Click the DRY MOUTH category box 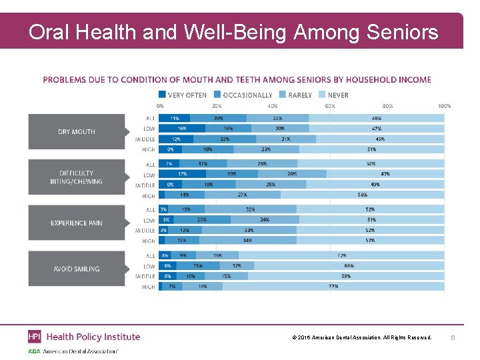pyautogui.click(x=77, y=131)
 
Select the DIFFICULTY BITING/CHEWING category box pyautogui.click(x=77, y=177)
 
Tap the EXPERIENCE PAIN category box pyautogui.click(x=77, y=223)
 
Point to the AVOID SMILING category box pyautogui.click(x=77, y=269)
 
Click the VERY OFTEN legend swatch pyautogui.click(x=163, y=95)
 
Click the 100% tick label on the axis pyautogui.click(x=444, y=105)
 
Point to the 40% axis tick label pyautogui.click(x=273, y=105)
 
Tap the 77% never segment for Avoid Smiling pyautogui.click(x=333, y=287)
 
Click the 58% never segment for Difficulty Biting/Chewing pyautogui.click(x=362, y=195)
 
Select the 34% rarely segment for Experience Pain pyautogui.click(x=248, y=241)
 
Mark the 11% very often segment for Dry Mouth pyautogui.click(x=175, y=118)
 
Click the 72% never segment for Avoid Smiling pyautogui.click(x=341, y=255)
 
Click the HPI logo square pyautogui.click(x=35, y=337)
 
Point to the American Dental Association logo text pyautogui.click(x=80, y=351)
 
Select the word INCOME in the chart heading pyautogui.click(x=413, y=80)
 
